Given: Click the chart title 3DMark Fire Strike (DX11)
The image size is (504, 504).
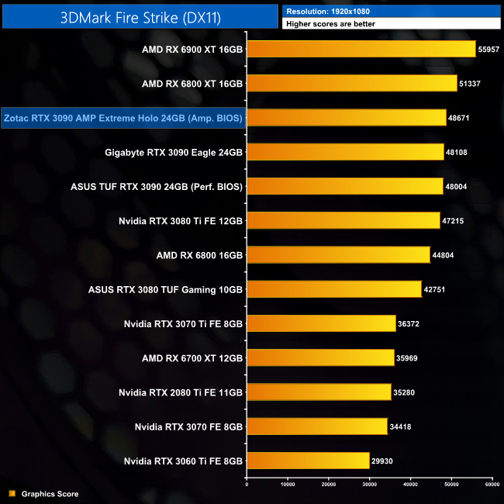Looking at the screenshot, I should (x=140, y=16).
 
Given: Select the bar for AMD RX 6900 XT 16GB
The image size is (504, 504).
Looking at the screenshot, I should (x=361, y=49).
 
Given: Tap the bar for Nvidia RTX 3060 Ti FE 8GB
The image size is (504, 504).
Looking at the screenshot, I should (x=308, y=461).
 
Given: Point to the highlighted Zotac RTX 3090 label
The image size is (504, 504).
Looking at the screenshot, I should (x=123, y=118).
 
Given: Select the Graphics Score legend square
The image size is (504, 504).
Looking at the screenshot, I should (x=12, y=493).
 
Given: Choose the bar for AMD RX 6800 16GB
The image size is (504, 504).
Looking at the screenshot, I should (x=338, y=254).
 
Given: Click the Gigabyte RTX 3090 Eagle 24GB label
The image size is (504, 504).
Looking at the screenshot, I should (x=174, y=152).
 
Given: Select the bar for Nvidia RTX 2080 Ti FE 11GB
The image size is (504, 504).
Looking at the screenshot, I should (x=319, y=392).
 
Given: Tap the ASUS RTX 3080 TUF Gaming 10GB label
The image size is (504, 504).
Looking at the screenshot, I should (x=166, y=289).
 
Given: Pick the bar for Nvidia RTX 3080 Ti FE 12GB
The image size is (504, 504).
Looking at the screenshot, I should (x=343, y=220).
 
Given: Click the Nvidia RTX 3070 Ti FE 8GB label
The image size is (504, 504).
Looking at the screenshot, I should (x=183, y=323).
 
